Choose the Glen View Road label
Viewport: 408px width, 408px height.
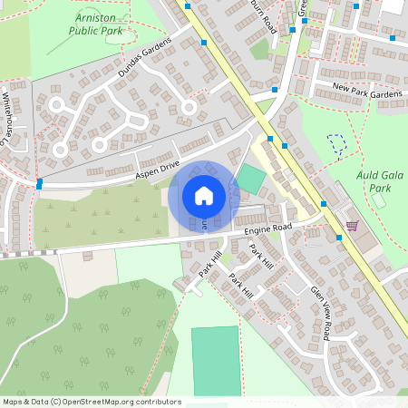(x=324, y=310)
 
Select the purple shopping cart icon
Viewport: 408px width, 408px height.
(x=351, y=225)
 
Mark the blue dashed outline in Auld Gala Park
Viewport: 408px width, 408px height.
(x=336, y=143)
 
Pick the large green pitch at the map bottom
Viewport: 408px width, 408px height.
(x=217, y=361)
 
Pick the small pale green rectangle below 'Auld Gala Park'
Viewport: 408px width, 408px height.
(x=378, y=200)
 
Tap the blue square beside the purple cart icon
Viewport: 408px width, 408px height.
(x=339, y=238)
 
